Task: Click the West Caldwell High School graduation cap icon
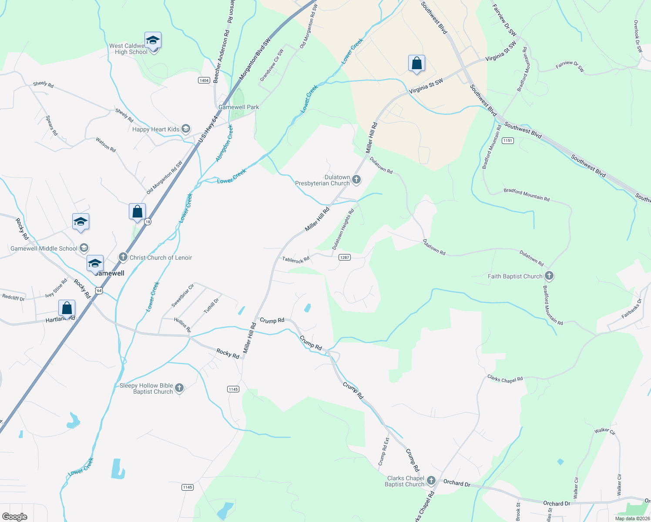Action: [153, 40]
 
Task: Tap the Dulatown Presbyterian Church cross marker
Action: [356, 180]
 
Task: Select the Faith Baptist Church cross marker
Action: [549, 276]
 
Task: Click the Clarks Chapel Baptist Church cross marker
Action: [431, 481]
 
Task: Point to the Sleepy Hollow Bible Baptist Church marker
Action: [179, 388]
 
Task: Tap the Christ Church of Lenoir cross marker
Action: [123, 257]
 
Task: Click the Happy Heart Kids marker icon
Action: [186, 129]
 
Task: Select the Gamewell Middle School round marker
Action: [84, 248]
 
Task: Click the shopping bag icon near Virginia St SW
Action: [416, 63]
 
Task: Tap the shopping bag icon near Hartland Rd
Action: [67, 308]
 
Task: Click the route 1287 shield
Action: [344, 258]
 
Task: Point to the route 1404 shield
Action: [204, 80]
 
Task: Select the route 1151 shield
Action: [507, 141]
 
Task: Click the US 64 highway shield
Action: [100, 290]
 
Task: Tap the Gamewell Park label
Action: [238, 107]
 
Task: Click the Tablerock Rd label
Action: [295, 260]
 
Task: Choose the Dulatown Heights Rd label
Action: [343, 229]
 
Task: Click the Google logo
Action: [14, 517]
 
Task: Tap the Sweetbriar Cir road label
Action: [182, 296]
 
